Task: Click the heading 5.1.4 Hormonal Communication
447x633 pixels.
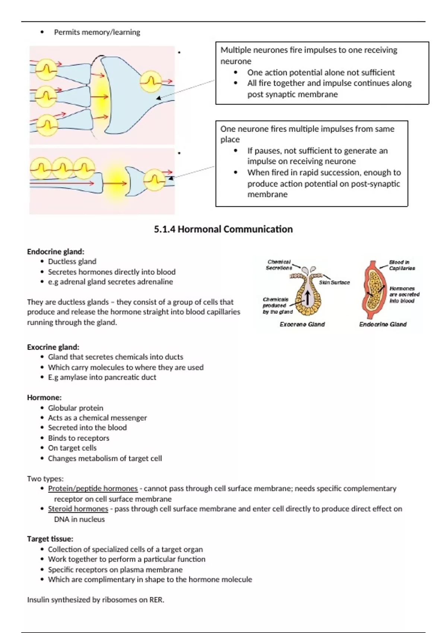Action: tap(223, 229)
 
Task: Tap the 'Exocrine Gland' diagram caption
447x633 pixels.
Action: tap(302, 324)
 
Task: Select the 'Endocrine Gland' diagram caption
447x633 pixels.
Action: tap(383, 324)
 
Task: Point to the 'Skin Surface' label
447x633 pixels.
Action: tap(334, 282)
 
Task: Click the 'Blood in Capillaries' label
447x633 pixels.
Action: tap(402, 265)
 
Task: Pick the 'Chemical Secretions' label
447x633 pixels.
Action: tap(279, 265)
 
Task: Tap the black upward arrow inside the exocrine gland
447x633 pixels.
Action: tap(308, 298)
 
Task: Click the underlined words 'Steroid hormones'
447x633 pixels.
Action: tap(78, 509)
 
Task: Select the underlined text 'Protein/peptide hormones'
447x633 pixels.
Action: tap(93, 488)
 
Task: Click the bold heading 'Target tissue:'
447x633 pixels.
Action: tap(50, 539)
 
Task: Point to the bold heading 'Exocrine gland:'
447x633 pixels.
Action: tap(53, 347)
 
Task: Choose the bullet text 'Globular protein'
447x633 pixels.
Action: tap(76, 408)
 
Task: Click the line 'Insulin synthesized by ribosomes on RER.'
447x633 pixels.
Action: tap(95, 599)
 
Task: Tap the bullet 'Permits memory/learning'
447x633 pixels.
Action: tap(97, 32)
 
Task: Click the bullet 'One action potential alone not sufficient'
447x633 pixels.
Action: tap(321, 72)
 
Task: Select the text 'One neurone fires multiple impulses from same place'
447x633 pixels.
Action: tap(307, 134)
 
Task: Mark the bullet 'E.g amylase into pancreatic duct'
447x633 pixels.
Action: tap(102, 377)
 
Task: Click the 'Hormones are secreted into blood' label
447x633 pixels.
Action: tap(404, 294)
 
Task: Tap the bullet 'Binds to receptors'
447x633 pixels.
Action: tap(79, 438)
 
